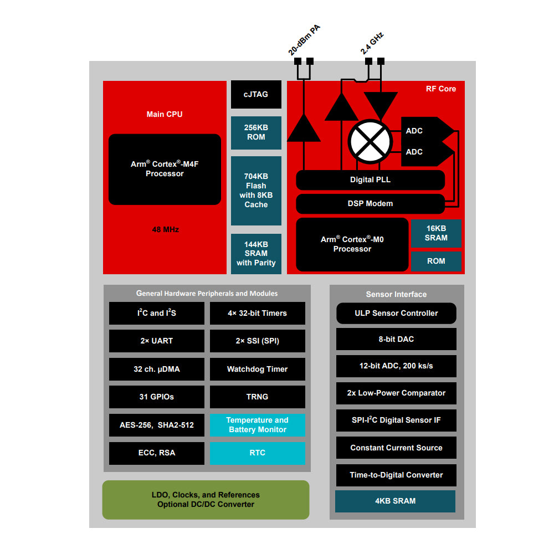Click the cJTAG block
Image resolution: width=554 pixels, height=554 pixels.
pyautogui.click(x=256, y=94)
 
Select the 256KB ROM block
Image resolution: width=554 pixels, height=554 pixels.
pyautogui.click(x=256, y=132)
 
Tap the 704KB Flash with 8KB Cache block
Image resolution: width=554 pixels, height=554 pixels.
pyautogui.click(x=256, y=190)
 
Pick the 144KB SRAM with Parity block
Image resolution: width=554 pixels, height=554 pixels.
pyautogui.click(x=256, y=253)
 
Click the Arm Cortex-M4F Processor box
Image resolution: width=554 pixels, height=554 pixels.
pyautogui.click(x=165, y=169)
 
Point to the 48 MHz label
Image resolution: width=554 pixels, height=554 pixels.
pyautogui.click(x=165, y=229)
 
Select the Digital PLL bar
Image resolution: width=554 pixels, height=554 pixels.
pyautogui.click(x=370, y=180)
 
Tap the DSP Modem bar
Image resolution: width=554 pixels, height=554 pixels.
pyautogui.click(x=370, y=203)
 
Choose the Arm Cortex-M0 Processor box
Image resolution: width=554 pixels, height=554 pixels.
pyautogui.click(x=352, y=244)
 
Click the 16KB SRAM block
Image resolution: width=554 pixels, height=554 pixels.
pyautogui.click(x=436, y=233)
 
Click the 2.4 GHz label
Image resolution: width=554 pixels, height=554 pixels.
pyautogui.click(x=372, y=43)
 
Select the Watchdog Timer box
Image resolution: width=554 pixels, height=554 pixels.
pyautogui.click(x=257, y=369)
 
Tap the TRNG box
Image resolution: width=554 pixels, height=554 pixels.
pyautogui.click(x=257, y=397)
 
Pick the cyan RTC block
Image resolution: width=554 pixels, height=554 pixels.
pyautogui.click(x=257, y=453)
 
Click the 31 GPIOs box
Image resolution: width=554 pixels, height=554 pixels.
pyautogui.click(x=156, y=397)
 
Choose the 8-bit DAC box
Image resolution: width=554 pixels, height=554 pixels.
pyautogui.click(x=396, y=339)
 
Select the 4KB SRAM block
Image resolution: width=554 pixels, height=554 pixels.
pyautogui.click(x=395, y=501)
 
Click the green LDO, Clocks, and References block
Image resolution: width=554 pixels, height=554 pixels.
pyautogui.click(x=206, y=500)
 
